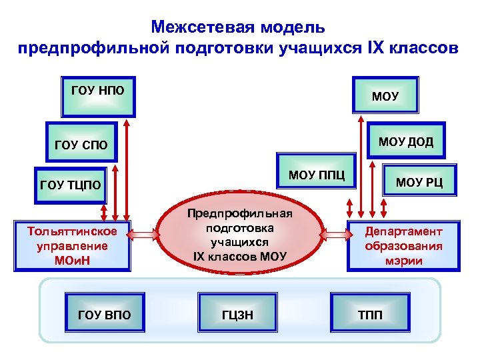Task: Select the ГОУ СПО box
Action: [81, 143]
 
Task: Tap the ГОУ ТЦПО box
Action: [71, 185]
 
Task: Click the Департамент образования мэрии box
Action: [403, 245]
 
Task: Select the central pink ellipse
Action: [239, 234]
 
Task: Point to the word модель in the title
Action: [293, 27]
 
